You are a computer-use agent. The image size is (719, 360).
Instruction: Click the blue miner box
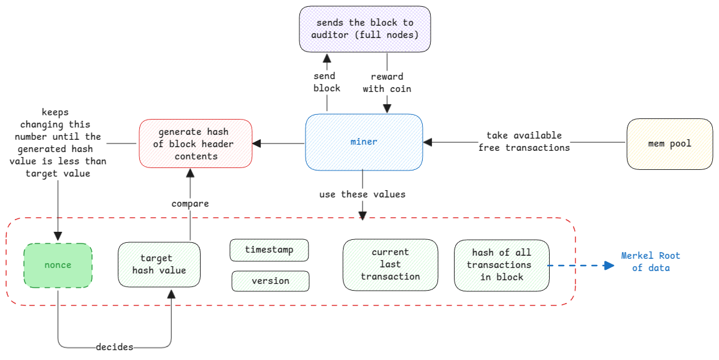point(364,142)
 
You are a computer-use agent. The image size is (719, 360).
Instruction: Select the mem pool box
point(669,144)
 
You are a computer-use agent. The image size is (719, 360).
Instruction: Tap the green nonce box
point(58,266)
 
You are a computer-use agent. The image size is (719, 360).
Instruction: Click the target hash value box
point(159,264)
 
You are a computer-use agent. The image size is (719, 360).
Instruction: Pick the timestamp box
point(269,250)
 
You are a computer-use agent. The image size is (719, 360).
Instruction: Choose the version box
point(270,281)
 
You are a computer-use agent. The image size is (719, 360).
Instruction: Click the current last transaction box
point(390,264)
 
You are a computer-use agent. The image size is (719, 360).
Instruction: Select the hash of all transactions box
point(501,265)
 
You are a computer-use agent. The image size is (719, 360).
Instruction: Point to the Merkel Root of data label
point(650,262)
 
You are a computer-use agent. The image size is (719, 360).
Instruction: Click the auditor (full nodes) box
point(364,29)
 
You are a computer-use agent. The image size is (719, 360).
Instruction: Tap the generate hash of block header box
point(196,144)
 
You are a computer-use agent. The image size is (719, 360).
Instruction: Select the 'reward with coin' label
point(386,83)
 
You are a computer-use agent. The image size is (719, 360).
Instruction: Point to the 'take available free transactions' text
point(524,142)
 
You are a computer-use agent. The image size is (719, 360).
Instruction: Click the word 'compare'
point(190,204)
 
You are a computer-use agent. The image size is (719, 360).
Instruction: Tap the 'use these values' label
point(362,194)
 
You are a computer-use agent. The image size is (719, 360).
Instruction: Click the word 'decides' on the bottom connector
point(114,347)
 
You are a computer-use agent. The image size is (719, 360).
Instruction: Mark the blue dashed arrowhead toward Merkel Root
point(609,266)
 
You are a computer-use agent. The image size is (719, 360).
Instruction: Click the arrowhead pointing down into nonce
point(58,236)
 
